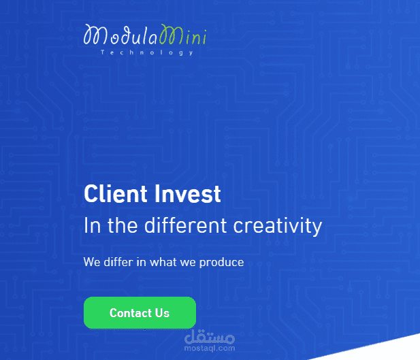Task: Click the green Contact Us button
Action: click(140, 313)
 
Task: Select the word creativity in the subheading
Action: click(278, 225)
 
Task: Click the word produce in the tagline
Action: click(221, 262)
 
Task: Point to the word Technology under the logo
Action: click(146, 52)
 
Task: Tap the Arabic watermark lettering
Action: click(210, 336)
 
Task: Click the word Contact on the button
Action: click(130, 313)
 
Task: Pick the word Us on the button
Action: click(162, 313)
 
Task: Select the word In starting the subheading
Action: click(92, 225)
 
